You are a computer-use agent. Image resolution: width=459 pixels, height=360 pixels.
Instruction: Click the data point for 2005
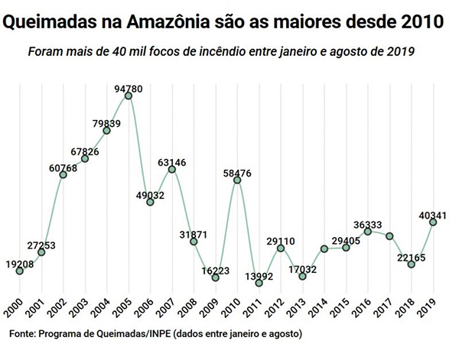click(129, 95)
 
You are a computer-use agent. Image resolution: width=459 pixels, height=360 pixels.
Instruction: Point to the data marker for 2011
click(259, 283)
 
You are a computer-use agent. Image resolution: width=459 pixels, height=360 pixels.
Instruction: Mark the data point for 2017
click(390, 236)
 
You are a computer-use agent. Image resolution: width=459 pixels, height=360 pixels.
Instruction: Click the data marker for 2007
click(172, 168)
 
